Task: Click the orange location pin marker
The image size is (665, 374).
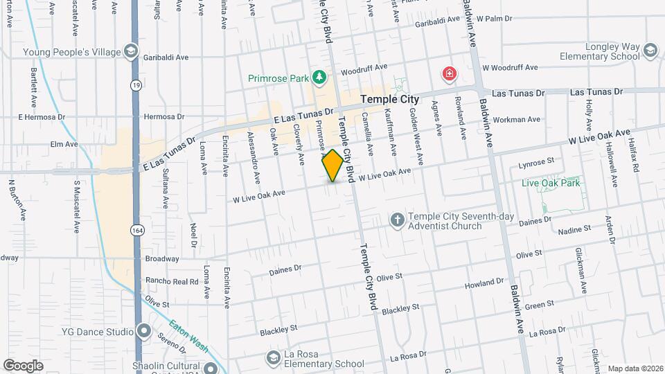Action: [332, 166]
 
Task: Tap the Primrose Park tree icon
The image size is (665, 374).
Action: [319, 77]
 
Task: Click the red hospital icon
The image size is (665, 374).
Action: [450, 73]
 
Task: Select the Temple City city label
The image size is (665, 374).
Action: [390, 100]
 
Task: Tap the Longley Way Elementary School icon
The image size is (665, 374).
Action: [650, 50]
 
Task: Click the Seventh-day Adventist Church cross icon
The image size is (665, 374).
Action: [397, 221]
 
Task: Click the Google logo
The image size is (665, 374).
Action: [23, 365]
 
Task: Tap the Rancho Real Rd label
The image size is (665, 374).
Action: [172, 281]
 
